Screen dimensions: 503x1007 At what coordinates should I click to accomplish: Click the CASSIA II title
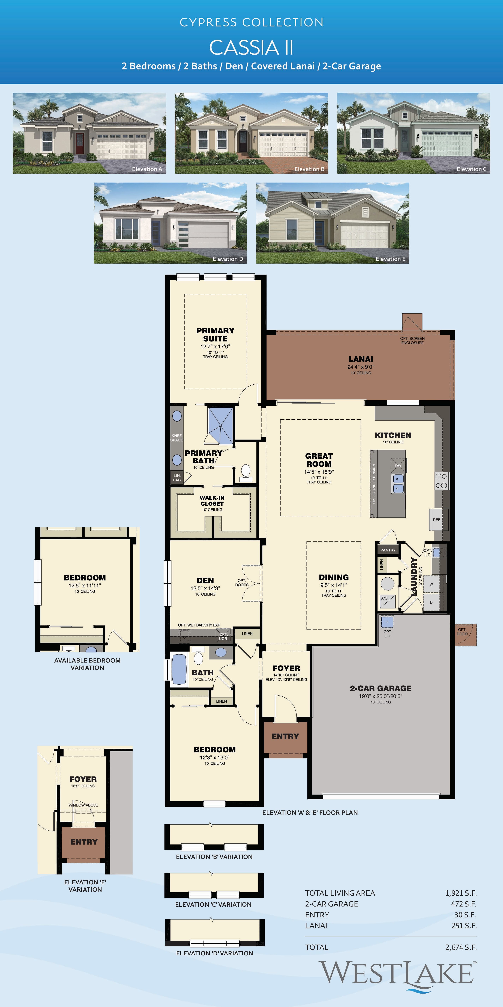tap(251, 48)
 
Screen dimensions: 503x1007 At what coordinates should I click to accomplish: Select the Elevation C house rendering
tap(413, 133)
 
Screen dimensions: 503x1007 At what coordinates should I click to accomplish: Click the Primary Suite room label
tap(215, 335)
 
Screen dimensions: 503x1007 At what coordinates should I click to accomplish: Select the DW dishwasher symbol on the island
tap(398, 465)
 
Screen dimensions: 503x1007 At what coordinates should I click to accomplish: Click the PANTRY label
tap(388, 550)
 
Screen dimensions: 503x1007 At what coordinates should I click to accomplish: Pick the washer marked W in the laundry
tap(431, 584)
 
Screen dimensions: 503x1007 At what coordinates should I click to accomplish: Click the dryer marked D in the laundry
tap(431, 602)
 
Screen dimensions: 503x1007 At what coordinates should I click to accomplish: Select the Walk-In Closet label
tap(212, 501)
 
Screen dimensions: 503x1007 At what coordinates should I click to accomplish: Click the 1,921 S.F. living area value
tap(461, 893)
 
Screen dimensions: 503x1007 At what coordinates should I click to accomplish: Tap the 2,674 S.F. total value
tap(461, 947)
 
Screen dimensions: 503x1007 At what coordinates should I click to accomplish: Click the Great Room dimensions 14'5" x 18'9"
tap(319, 472)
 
